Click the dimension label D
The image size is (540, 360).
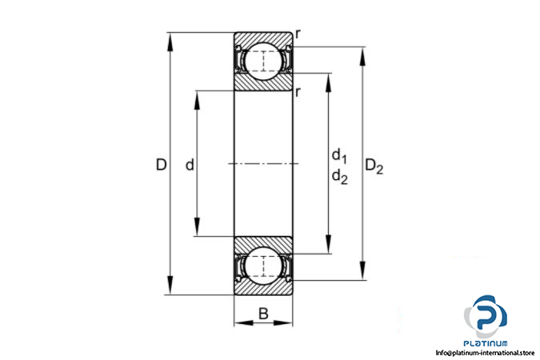[161, 165]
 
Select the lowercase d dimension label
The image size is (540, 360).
[190, 165]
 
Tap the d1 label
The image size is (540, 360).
[339, 156]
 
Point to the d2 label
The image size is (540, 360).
[339, 176]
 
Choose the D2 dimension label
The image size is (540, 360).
[374, 166]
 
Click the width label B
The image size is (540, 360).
[263, 314]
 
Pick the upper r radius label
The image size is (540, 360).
[298, 34]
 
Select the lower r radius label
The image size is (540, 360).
[298, 92]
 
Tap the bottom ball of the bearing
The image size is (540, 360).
[263, 266]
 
